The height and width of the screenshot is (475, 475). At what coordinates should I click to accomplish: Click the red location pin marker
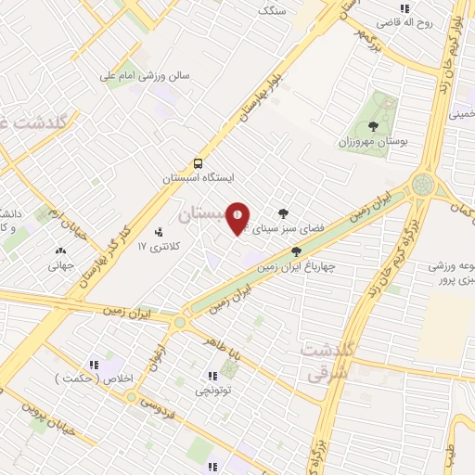pos(238,218)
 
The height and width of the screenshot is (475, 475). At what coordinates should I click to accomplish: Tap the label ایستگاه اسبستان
pos(199,176)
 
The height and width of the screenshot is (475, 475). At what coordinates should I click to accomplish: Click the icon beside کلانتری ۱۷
pos(158,231)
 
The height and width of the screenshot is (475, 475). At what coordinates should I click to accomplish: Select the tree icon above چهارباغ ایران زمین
pos(296,250)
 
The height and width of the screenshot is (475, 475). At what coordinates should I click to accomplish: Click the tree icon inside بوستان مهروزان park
pos(373,126)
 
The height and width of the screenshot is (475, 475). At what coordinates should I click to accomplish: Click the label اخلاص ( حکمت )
pos(108,379)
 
